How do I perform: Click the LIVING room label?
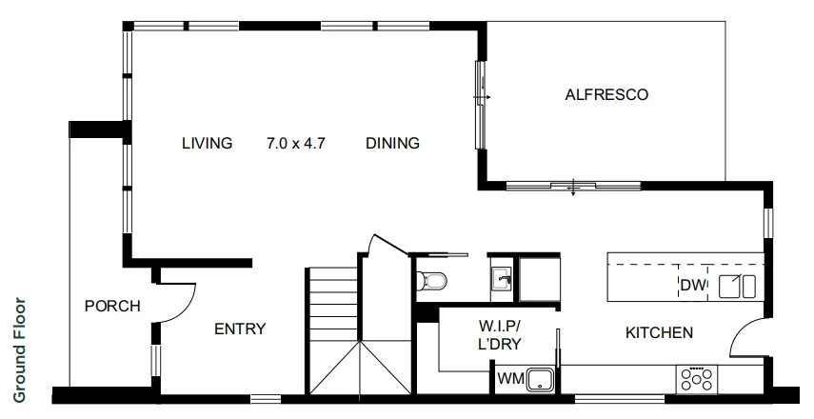(x=207, y=144)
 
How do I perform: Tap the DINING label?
(x=392, y=144)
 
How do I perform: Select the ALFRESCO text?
(x=606, y=94)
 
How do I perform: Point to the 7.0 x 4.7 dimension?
(x=296, y=144)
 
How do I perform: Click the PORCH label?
(x=112, y=307)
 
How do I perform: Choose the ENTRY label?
(x=239, y=329)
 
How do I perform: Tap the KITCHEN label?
(x=658, y=332)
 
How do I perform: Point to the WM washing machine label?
(x=510, y=379)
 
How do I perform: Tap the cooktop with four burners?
(x=697, y=380)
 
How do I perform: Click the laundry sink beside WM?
(x=542, y=379)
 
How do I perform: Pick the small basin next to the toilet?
(x=502, y=279)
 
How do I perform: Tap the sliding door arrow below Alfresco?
(x=572, y=188)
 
